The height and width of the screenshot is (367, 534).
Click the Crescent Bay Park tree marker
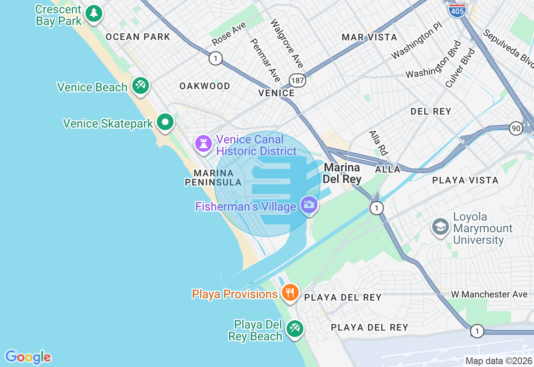pos(94,14)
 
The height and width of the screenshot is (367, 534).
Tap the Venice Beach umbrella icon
pos(140,86)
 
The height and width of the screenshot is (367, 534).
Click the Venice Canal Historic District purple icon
pos(204,144)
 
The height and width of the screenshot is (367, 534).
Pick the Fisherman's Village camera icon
pos(309,205)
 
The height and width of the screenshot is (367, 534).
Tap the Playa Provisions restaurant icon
pos(290,293)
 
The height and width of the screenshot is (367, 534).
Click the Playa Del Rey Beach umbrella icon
pos(295,329)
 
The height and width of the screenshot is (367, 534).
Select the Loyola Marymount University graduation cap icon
pos(441,227)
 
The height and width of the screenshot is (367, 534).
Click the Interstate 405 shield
pos(457,10)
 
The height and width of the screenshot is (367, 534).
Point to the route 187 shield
pos(299,80)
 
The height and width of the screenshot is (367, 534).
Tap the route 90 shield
pos(516,128)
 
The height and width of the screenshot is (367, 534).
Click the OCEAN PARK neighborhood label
pos(138,37)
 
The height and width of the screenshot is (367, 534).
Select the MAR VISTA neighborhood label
pos(369,37)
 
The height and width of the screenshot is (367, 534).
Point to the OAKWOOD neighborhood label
pos(204,86)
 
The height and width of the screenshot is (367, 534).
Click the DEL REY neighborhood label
pos(431,111)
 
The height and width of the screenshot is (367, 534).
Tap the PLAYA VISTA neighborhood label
pos(465,180)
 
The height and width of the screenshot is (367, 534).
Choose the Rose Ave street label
pos(229,34)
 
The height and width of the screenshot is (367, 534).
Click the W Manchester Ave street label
pos(489,294)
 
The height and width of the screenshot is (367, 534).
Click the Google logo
pos(28,357)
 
